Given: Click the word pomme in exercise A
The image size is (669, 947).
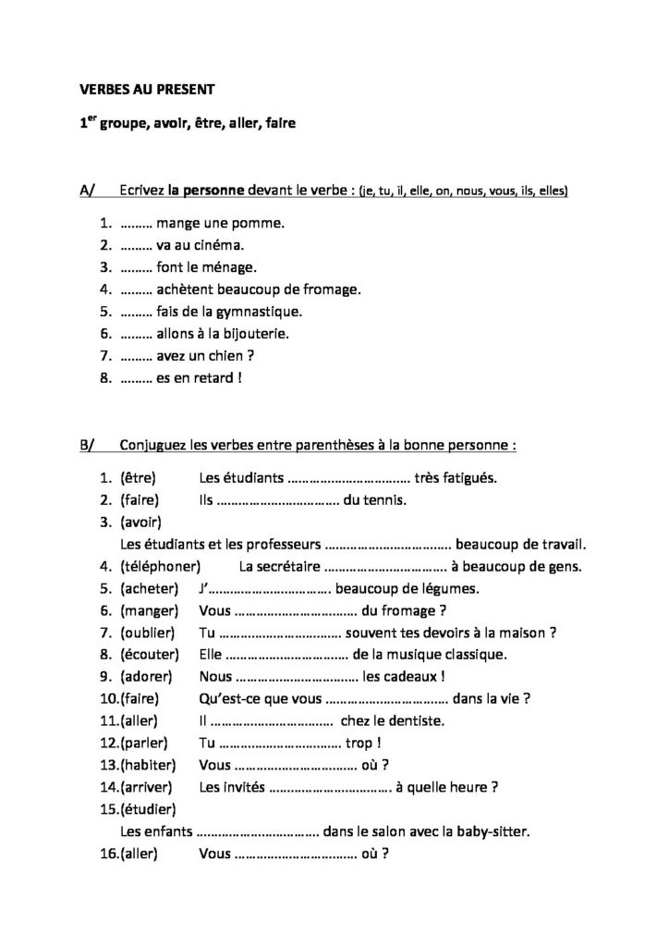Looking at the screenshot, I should (x=263, y=224).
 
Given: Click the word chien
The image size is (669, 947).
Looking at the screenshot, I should (x=247, y=355).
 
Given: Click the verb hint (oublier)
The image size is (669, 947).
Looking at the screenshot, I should (x=149, y=633).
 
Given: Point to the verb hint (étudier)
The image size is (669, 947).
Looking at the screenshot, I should (x=148, y=809).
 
